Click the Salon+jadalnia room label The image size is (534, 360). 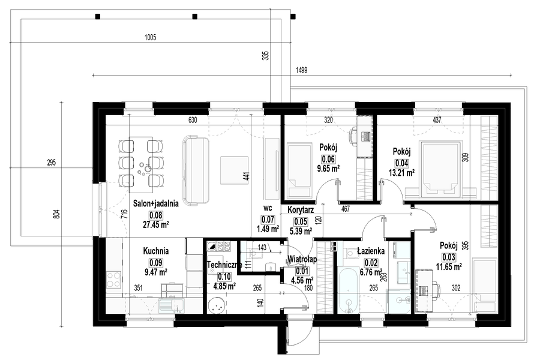click(156, 203)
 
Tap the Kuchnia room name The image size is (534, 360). click(156, 251)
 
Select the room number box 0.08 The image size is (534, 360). click(156, 215)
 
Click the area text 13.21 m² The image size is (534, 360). click(401, 172)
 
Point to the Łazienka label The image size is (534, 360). click(371, 251)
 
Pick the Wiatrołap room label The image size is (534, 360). click(302, 259)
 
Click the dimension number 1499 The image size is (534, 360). click(301, 70)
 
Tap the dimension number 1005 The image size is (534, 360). click(150, 37)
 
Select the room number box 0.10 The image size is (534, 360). click(224, 277)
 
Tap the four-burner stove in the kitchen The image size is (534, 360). click(113, 279)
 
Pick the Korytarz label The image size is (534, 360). click(301, 210)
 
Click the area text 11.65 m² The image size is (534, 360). click(449, 266)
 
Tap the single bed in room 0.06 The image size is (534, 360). click(299, 170)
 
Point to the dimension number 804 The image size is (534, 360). click(56, 214)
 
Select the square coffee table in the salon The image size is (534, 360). click(235, 170)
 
